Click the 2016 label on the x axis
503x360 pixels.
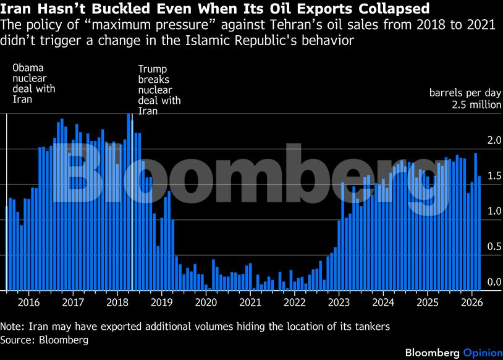pyautogui.click(x=28, y=302)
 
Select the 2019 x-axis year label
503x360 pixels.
pyautogui.click(x=161, y=302)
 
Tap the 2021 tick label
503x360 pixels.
pyautogui.click(x=250, y=302)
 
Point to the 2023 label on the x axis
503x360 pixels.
pyautogui.click(x=339, y=302)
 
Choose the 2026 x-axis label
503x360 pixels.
pyautogui.click(x=471, y=302)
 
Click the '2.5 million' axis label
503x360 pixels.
pyautogui.click(x=476, y=104)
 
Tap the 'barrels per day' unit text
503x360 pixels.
pyautogui.click(x=465, y=93)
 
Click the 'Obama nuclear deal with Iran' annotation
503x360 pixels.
pyautogui.click(x=34, y=83)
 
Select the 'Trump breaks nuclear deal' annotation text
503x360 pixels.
pyautogui.click(x=159, y=90)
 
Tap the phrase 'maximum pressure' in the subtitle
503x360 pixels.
pyautogui.click(x=123, y=25)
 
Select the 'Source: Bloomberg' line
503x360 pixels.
pyautogui.click(x=44, y=340)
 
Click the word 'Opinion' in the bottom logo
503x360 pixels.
pyautogui.click(x=482, y=352)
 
